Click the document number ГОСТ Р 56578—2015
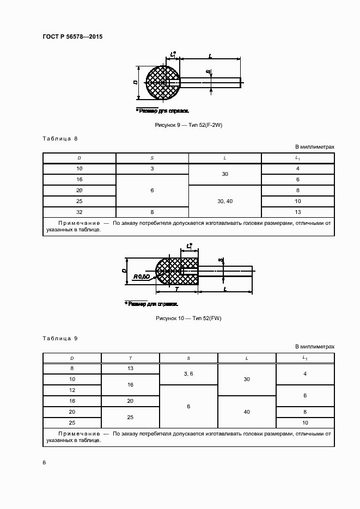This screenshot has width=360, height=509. coord(72,37)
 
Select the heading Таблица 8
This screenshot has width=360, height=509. coord(60,138)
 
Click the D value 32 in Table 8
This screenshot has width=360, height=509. coord(80,212)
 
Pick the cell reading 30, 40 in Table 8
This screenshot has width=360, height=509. coord(225,201)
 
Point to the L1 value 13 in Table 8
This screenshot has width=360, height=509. coord(298,212)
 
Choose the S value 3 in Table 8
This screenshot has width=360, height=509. coord(152,169)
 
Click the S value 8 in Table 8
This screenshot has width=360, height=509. coord(152,212)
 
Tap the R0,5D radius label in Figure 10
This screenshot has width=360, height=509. coord(142,277)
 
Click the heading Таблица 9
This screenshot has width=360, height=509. coord(60,338)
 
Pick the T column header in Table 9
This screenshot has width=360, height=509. coord(131,358)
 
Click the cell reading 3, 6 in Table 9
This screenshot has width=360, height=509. coord(188,374)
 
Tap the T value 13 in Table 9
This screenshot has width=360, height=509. coord(131,369)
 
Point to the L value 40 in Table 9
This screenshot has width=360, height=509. coord(247,412)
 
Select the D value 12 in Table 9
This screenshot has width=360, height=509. coord(72,390)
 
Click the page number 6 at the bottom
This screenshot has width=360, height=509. coord(44,462)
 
